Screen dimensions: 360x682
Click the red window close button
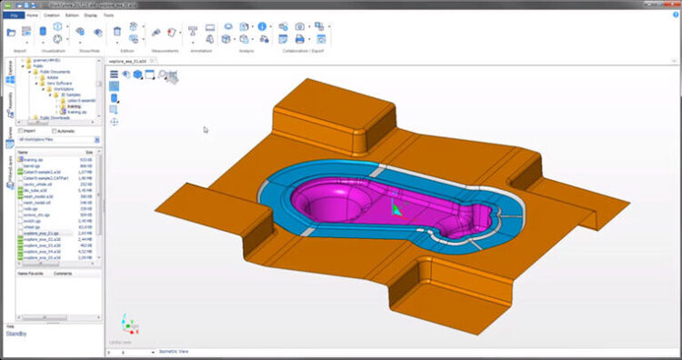click(671, 5)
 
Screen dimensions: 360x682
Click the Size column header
click(89, 151)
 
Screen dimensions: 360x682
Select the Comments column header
click(63, 273)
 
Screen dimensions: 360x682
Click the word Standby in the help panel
click(18, 334)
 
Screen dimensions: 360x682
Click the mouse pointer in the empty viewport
click(205, 129)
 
